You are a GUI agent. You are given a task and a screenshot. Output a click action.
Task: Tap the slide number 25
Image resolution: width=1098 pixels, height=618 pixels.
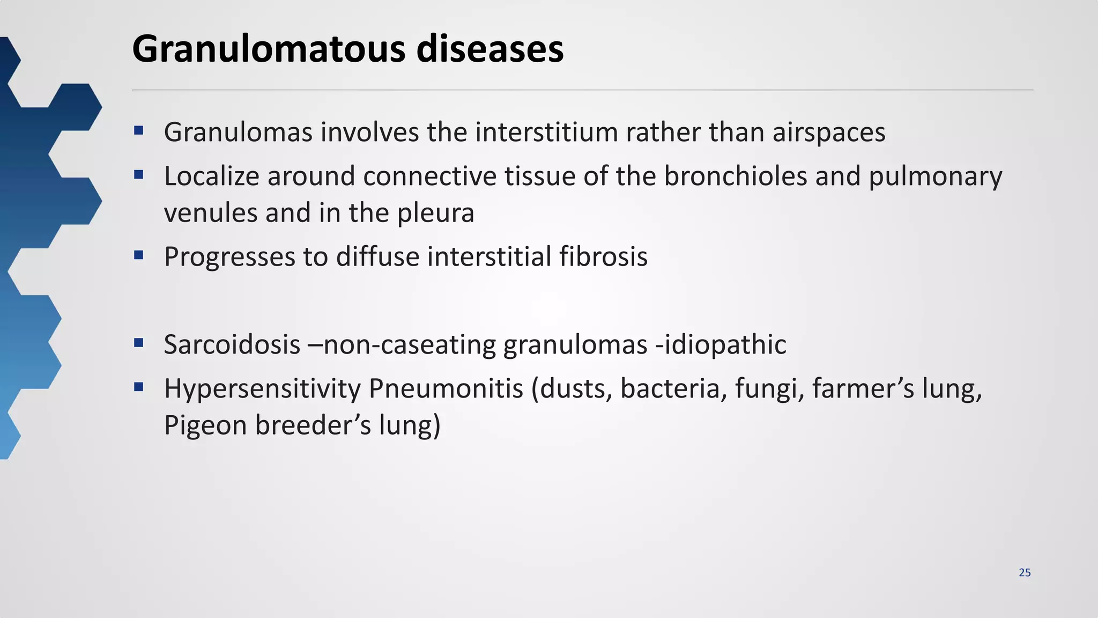pos(1025,573)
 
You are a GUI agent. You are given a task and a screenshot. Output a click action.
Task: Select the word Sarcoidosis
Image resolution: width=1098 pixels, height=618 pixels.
pos(232,344)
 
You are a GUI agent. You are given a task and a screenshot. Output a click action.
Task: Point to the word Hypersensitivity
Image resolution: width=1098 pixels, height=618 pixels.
pos(262,388)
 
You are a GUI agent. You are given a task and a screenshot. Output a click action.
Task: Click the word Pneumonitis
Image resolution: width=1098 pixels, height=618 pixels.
pos(446,388)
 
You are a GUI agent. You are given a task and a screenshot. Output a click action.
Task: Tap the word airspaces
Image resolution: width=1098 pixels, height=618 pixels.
pos(829,133)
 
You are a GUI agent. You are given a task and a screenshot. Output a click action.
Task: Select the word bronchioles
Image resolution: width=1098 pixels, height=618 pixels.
pos(736,176)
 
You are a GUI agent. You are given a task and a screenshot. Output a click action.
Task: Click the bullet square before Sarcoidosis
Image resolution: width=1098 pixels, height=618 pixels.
pos(139,342)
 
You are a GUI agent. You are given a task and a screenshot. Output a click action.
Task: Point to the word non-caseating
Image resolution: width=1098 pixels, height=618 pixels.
pos(409,344)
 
